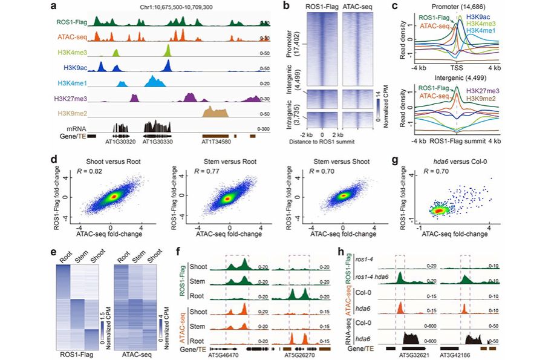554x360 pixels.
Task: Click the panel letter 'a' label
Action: [54, 7]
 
